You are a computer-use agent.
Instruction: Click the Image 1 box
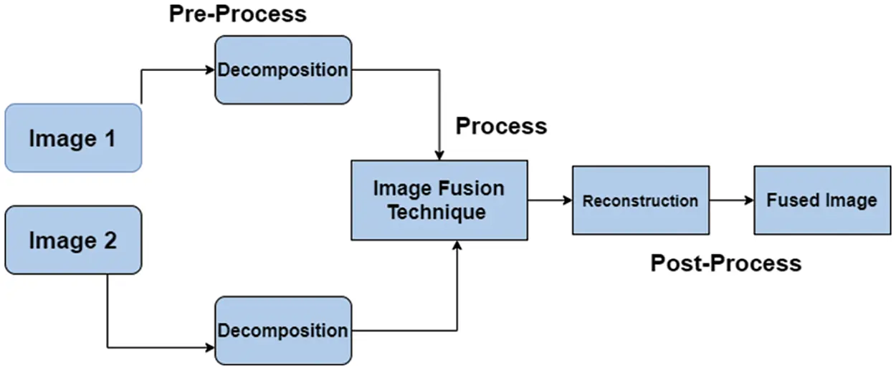pyautogui.click(x=72, y=138)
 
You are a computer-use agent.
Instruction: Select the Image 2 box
pyautogui.click(x=72, y=240)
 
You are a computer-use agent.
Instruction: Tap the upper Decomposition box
pyautogui.click(x=283, y=70)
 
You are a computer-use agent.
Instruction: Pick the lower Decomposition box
pyautogui.click(x=283, y=331)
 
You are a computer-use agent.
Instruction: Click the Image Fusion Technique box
pyautogui.click(x=439, y=200)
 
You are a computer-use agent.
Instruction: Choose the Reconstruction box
pyautogui.click(x=640, y=200)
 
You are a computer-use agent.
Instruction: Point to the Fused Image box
pyautogui.click(x=821, y=200)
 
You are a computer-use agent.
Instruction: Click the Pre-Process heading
pyautogui.click(x=237, y=14)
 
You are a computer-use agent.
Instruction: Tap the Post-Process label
pyautogui.click(x=725, y=263)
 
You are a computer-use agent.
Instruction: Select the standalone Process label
pyautogui.click(x=501, y=126)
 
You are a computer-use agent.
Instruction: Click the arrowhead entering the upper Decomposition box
pyautogui.click(x=210, y=70)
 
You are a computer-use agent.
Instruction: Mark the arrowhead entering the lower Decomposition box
pyautogui.click(x=210, y=348)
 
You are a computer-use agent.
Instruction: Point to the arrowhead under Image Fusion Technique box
pyautogui.click(x=457, y=245)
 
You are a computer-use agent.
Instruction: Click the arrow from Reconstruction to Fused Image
pyautogui.click(x=731, y=200)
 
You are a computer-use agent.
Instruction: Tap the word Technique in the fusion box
pyautogui.click(x=439, y=212)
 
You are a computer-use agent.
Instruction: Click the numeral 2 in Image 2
pyautogui.click(x=108, y=241)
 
